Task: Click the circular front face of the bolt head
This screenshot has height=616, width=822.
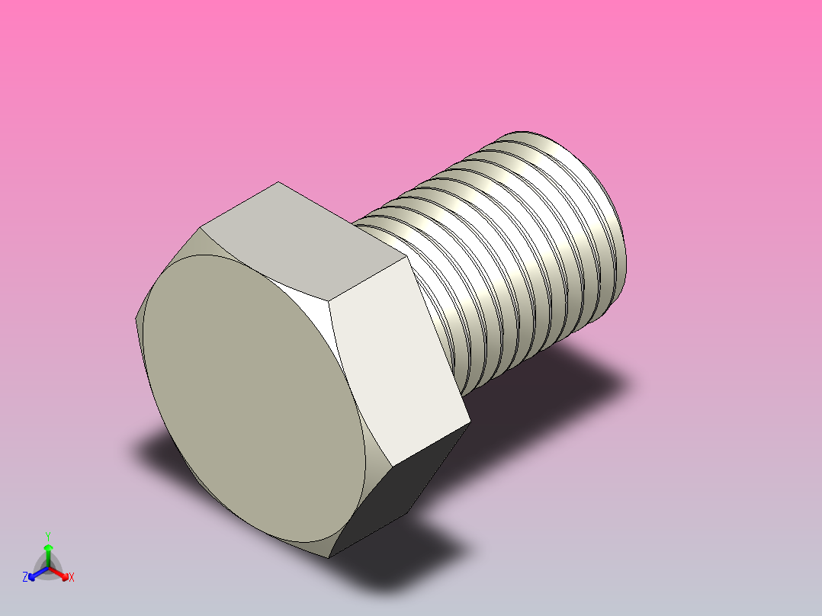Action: click(252, 396)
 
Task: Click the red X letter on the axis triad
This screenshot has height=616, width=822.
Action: click(72, 578)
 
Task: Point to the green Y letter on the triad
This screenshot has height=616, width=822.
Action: click(48, 535)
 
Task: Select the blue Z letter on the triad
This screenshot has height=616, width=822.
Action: click(25, 577)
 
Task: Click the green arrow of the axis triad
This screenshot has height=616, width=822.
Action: click(48, 550)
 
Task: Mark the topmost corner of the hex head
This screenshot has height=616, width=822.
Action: click(278, 182)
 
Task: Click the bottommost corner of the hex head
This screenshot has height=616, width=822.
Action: click(329, 557)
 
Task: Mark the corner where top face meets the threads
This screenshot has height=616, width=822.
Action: click(354, 223)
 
